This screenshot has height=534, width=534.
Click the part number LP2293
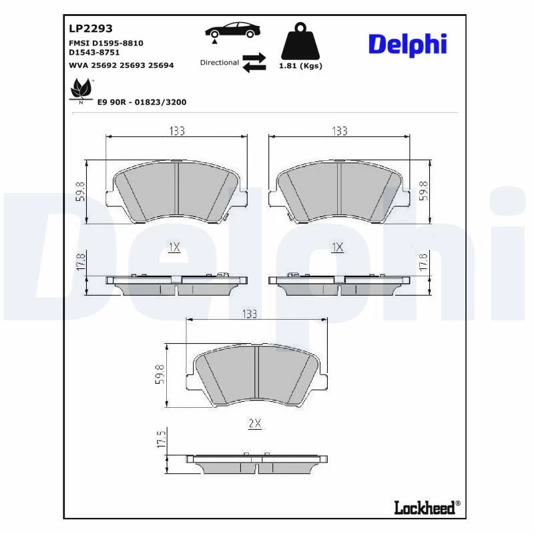pos(91,28)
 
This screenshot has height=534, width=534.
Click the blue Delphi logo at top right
pos(407,45)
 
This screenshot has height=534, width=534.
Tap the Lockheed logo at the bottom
pos(427,507)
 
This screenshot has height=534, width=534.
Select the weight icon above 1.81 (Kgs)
pos(300,41)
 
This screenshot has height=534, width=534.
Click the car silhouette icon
pos(232,30)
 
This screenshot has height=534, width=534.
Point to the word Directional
pos(220,62)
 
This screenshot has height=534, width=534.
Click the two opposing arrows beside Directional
pos(254,62)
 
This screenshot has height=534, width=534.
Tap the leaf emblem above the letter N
pos(81,89)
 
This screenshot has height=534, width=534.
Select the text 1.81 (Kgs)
pos(300,65)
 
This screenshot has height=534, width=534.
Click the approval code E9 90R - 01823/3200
pos(142,102)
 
